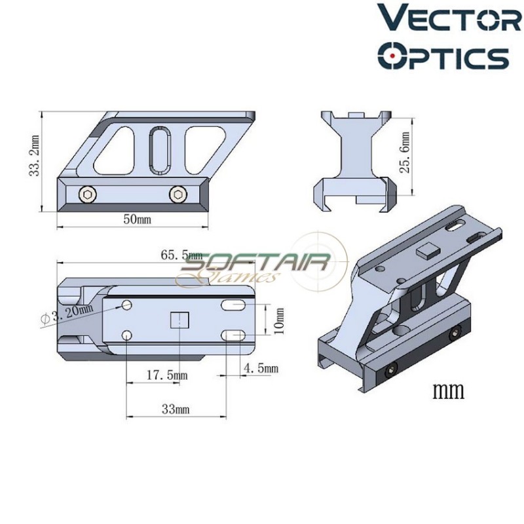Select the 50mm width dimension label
point(136,219)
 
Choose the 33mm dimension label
point(175,409)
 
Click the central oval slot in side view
point(159,150)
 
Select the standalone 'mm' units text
point(448,391)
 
